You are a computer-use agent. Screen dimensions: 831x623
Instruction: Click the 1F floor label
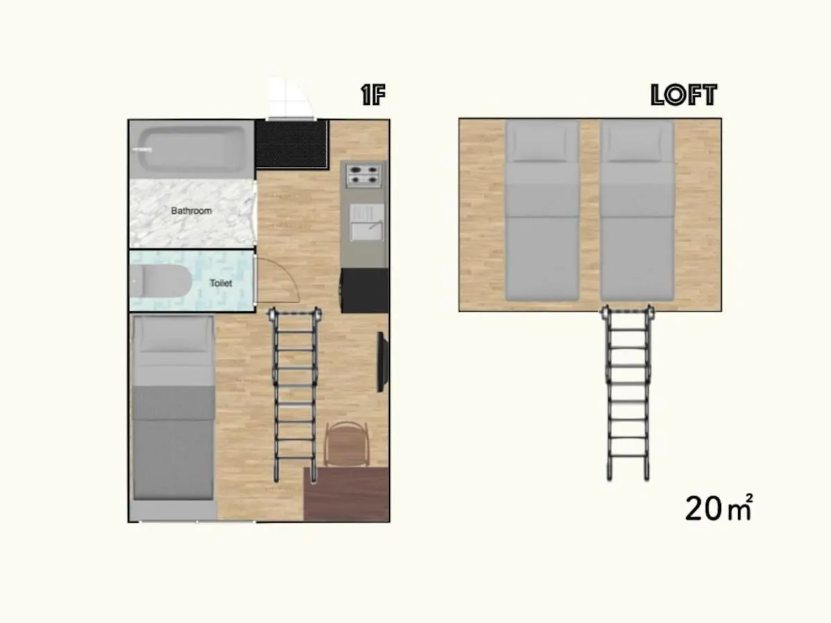373,95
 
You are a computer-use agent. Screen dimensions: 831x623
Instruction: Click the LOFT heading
683,95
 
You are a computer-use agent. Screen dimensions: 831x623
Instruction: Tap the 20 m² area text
719,508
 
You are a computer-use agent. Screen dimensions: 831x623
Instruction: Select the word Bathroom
191,210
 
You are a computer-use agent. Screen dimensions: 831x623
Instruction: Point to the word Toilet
221,283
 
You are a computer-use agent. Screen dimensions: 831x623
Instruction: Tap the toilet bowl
160,281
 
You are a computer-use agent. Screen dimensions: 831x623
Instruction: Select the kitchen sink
366,222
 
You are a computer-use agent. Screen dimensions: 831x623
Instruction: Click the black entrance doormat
292,144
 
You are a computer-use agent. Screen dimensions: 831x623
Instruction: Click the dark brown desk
346,494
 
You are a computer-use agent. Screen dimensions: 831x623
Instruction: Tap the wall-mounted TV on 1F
382,361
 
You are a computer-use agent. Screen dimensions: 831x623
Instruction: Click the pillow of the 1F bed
173,335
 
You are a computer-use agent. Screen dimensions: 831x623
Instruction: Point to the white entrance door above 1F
290,99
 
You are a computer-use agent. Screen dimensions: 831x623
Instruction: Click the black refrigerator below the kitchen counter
365,290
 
